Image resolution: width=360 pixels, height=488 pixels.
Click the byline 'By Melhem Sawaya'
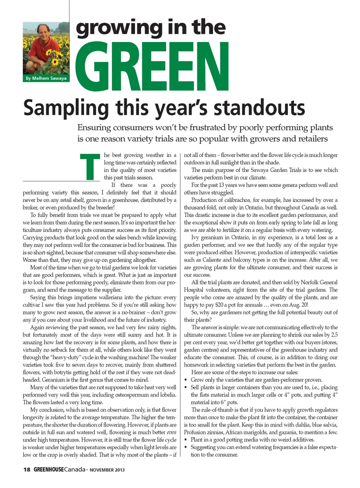click(46, 78)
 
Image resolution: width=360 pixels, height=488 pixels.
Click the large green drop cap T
click(90, 166)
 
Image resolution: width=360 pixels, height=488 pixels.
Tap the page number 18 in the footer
click(27, 470)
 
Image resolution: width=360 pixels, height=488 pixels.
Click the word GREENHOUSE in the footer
click(49, 470)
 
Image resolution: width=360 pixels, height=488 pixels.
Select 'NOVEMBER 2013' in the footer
click(107, 470)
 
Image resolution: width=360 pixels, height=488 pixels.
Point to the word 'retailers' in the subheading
click(310, 139)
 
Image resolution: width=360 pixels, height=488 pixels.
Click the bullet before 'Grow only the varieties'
click(186, 380)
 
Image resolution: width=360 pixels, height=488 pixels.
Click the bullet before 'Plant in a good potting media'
click(186, 440)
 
